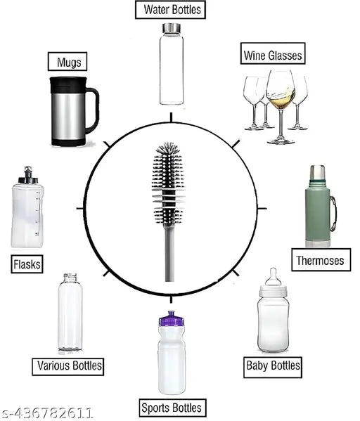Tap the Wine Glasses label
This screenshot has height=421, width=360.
pos(272,55)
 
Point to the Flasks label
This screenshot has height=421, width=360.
pos(27,264)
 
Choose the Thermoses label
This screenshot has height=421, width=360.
pos(319,261)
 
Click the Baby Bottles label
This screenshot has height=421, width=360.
pos(273,365)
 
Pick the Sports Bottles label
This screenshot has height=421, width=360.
pos(170,407)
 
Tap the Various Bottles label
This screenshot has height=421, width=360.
pos(69,365)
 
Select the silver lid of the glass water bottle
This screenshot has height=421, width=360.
pos(170,28)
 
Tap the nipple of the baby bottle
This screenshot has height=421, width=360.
pos(273,274)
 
